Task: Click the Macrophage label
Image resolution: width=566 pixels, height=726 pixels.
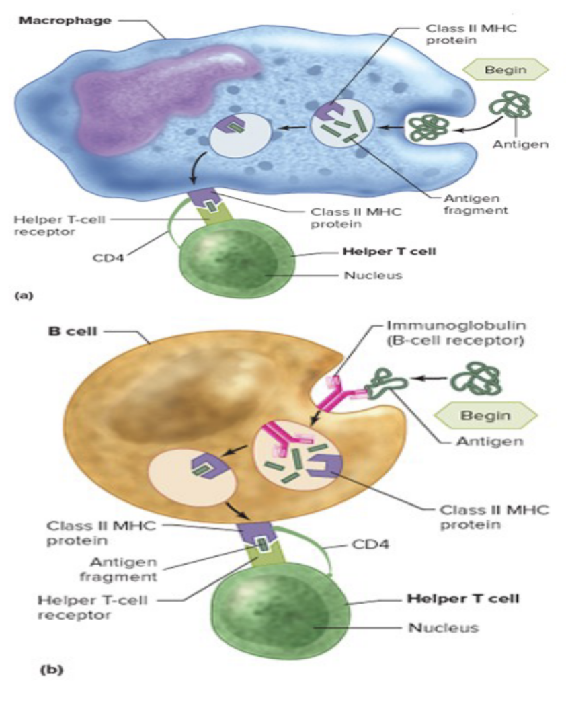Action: click(65, 21)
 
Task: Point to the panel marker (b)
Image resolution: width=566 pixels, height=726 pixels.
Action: click(52, 670)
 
